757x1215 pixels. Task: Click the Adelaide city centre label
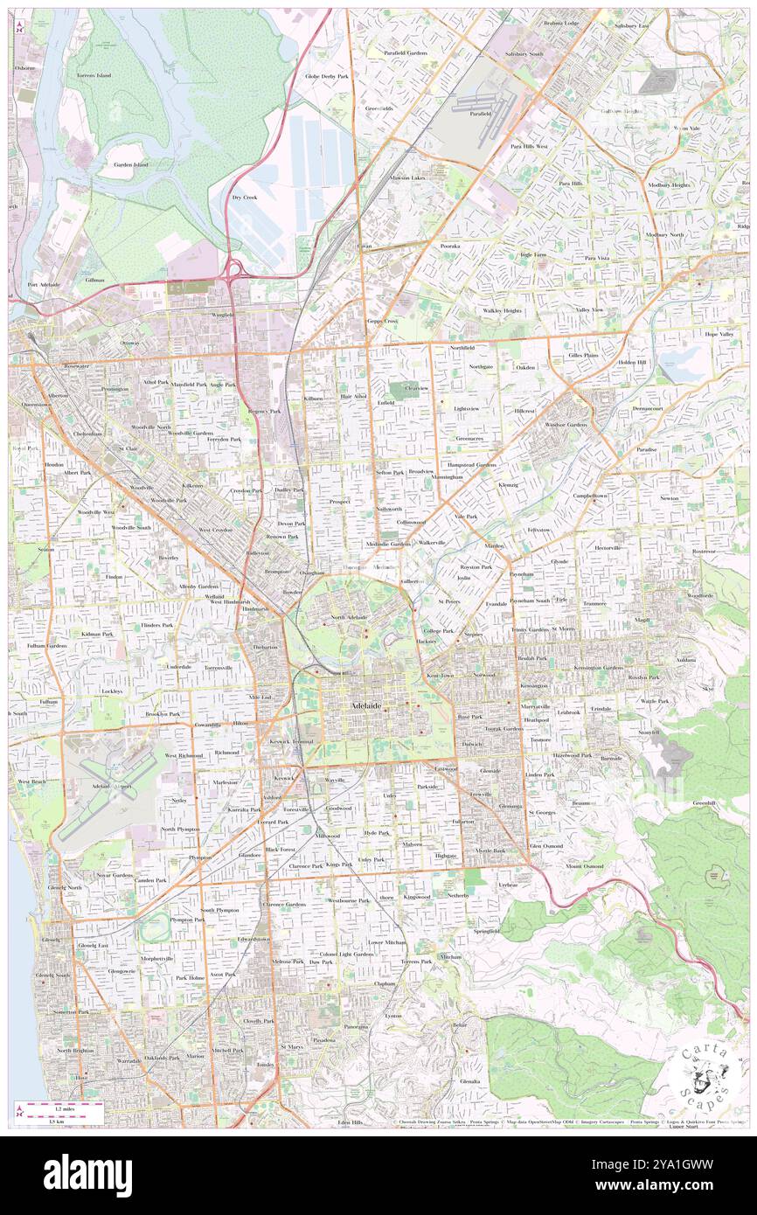[366, 705]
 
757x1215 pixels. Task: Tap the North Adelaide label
[349, 618]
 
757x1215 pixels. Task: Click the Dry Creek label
[244, 198]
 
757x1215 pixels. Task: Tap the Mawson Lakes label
[406, 178]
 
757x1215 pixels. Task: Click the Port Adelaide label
[43, 285]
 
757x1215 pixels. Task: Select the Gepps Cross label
[381, 321]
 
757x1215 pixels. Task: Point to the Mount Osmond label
[584, 865]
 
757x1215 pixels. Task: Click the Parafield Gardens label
[405, 53]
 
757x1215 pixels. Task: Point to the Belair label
[460, 1024]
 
